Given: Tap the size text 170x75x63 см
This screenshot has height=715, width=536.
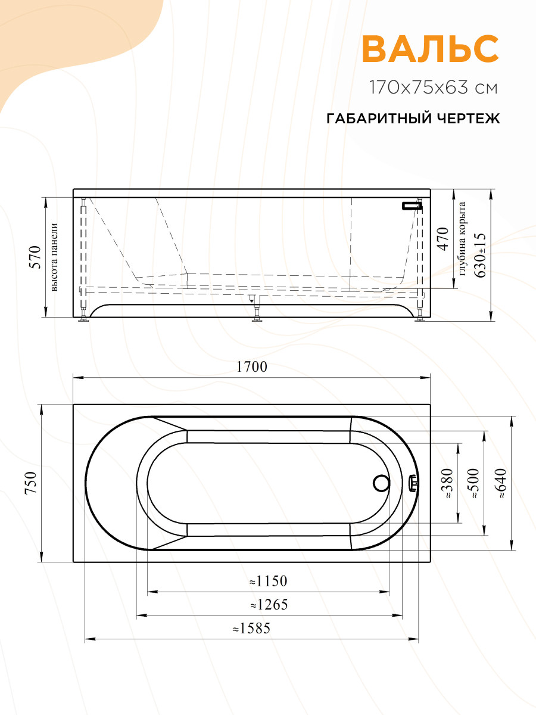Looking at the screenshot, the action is (434, 88).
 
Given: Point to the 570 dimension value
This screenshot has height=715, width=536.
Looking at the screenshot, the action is (36, 257).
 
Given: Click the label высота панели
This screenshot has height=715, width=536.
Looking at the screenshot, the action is (54, 257).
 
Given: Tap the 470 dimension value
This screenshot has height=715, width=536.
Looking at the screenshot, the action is (443, 239).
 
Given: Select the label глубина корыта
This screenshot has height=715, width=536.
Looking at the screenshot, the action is (462, 239).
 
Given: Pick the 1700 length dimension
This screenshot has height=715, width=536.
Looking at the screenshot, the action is (251, 367).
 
